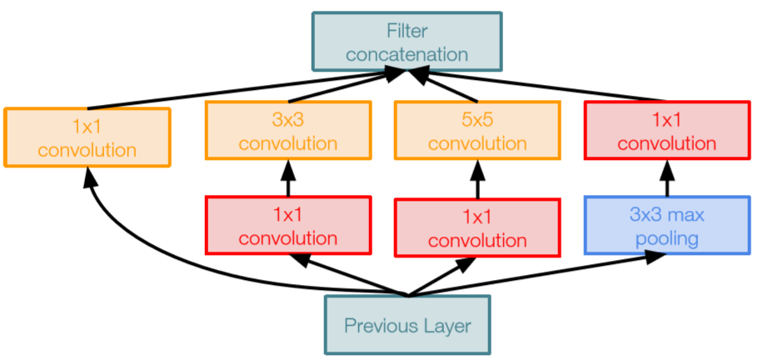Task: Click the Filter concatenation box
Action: (406, 41)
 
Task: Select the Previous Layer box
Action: (406, 325)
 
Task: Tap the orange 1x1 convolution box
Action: (87, 137)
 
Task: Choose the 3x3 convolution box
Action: (288, 130)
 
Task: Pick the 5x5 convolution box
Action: (477, 130)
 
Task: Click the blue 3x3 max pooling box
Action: (667, 225)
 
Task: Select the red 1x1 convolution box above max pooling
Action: (667, 130)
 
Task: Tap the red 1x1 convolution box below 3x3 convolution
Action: (288, 225)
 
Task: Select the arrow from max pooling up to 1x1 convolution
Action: (667, 177)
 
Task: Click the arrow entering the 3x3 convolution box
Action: (288, 177)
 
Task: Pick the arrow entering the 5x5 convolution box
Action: (477, 177)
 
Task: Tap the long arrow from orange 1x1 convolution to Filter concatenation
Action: (242, 91)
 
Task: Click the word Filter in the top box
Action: (406, 31)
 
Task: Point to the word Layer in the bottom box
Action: (446, 326)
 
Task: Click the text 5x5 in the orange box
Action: (477, 119)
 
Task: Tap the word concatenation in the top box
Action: (406, 54)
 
